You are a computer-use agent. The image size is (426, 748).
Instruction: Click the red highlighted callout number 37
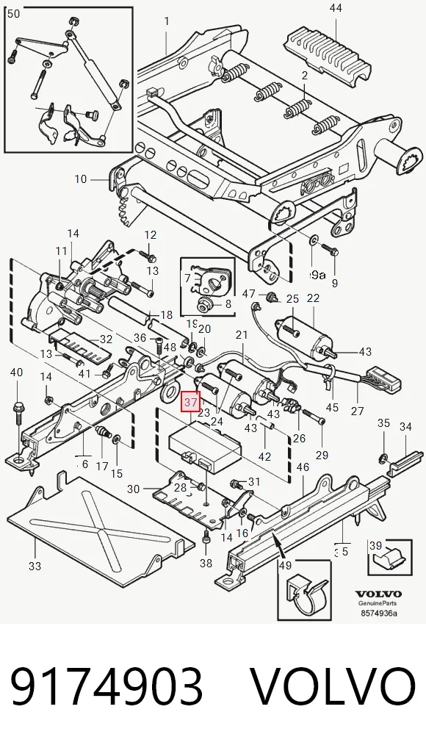[x=190, y=402]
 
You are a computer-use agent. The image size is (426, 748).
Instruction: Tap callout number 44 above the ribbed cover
[x=336, y=7]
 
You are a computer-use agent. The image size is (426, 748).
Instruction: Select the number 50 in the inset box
[x=14, y=14]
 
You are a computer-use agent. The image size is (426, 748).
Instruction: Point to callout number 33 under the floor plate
[x=35, y=567]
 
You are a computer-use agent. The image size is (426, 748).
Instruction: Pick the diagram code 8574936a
[x=379, y=613]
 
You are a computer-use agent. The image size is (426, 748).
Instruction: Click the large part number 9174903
[x=106, y=686]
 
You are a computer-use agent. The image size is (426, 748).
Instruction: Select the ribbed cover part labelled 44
[x=329, y=54]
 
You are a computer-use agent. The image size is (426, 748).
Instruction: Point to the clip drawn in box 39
[x=390, y=558]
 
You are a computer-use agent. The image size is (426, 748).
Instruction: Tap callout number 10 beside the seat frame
[x=81, y=179]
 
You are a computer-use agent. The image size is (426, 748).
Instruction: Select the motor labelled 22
[x=306, y=336]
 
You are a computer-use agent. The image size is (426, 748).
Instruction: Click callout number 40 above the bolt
[x=17, y=372]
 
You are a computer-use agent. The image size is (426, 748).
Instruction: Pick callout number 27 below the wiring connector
[x=357, y=411]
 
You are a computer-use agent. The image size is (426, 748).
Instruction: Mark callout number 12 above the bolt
[x=151, y=234]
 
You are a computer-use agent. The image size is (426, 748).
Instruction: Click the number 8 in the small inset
[x=228, y=303]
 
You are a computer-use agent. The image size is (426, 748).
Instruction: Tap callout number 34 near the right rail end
[x=405, y=426]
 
